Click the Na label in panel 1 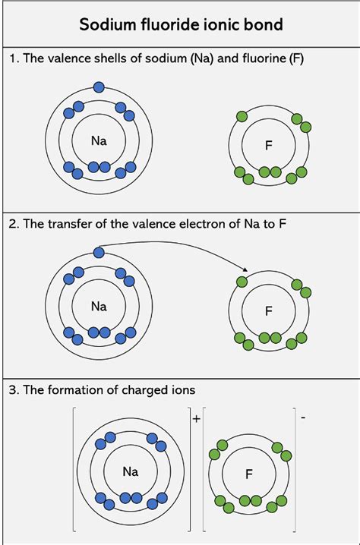click(99, 140)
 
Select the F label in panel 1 click(269, 145)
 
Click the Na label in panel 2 click(99, 306)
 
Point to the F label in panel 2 click(269, 310)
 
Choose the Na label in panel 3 click(131, 471)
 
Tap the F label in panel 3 click(248, 474)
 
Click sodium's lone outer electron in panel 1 click(99, 87)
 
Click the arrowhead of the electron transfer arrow click(245, 269)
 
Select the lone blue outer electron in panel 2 click(99, 252)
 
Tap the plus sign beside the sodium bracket click(197, 419)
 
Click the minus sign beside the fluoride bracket click(303, 417)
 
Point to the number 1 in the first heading click(13, 58)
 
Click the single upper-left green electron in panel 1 click(242, 116)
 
